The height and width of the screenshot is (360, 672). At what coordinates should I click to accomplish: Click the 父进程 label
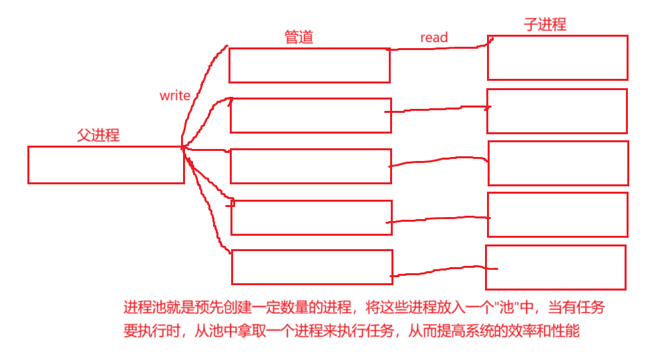pos(98,135)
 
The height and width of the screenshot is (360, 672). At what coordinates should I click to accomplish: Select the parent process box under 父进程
pos(106,164)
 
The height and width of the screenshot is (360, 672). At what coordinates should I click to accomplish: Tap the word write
pos(175,96)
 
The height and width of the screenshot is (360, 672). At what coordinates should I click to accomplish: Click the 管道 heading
pos(299,37)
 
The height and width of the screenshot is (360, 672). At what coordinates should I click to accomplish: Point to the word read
pos(434,37)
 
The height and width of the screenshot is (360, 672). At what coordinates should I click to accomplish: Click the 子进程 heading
pos(544,25)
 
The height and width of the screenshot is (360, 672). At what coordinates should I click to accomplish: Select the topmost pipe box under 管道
pos(309,65)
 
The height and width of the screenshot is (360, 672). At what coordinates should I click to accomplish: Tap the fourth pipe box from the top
pos(311,217)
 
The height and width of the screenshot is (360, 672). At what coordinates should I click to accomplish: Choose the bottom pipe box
pos(312,267)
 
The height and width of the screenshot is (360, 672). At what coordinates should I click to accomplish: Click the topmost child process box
pos(557,57)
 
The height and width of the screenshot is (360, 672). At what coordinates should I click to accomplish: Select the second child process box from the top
pos(557,111)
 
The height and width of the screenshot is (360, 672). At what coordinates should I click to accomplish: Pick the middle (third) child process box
pos(558,163)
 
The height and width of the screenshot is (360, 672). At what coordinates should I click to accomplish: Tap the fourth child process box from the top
pos(558,214)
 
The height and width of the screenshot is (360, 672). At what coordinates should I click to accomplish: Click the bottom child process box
pos(556,267)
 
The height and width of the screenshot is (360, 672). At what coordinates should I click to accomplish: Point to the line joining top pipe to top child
pos(438,48)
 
